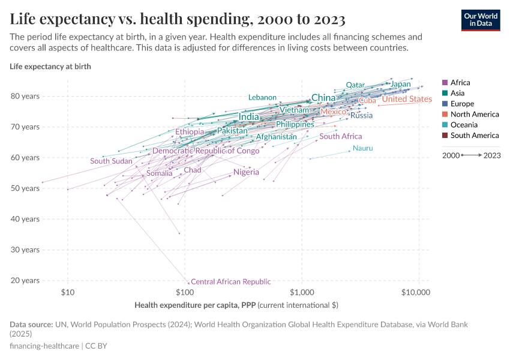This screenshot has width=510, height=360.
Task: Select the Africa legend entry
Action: click(460, 83)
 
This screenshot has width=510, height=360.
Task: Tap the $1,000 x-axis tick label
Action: click(302, 293)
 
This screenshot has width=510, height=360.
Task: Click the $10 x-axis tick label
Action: click(68, 293)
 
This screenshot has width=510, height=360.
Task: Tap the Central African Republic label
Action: click(230, 281)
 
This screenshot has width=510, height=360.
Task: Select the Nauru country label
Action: click(362, 148)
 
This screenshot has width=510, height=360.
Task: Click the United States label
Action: click(407, 99)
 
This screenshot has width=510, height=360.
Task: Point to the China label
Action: click(323, 98)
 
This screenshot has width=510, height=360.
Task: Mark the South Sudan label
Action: click(111, 161)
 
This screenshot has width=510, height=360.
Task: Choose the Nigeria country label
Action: click(246, 172)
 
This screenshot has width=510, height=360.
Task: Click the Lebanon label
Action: click(262, 97)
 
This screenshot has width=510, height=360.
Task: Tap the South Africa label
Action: click(341, 136)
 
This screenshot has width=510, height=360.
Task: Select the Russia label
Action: click(362, 115)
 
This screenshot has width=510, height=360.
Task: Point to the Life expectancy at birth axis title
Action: click(50, 67)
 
